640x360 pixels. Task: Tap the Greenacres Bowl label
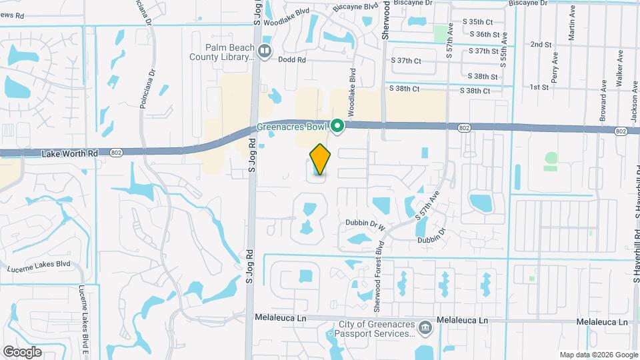[293, 127]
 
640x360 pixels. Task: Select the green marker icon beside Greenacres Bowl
[337, 125]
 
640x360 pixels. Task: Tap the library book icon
[265, 51]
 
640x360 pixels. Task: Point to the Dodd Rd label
[292, 60]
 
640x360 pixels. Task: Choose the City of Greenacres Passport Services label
[374, 330]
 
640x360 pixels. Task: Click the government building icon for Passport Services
[425, 327]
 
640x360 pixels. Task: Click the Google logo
[22, 351]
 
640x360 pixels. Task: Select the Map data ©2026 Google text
[598, 355]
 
